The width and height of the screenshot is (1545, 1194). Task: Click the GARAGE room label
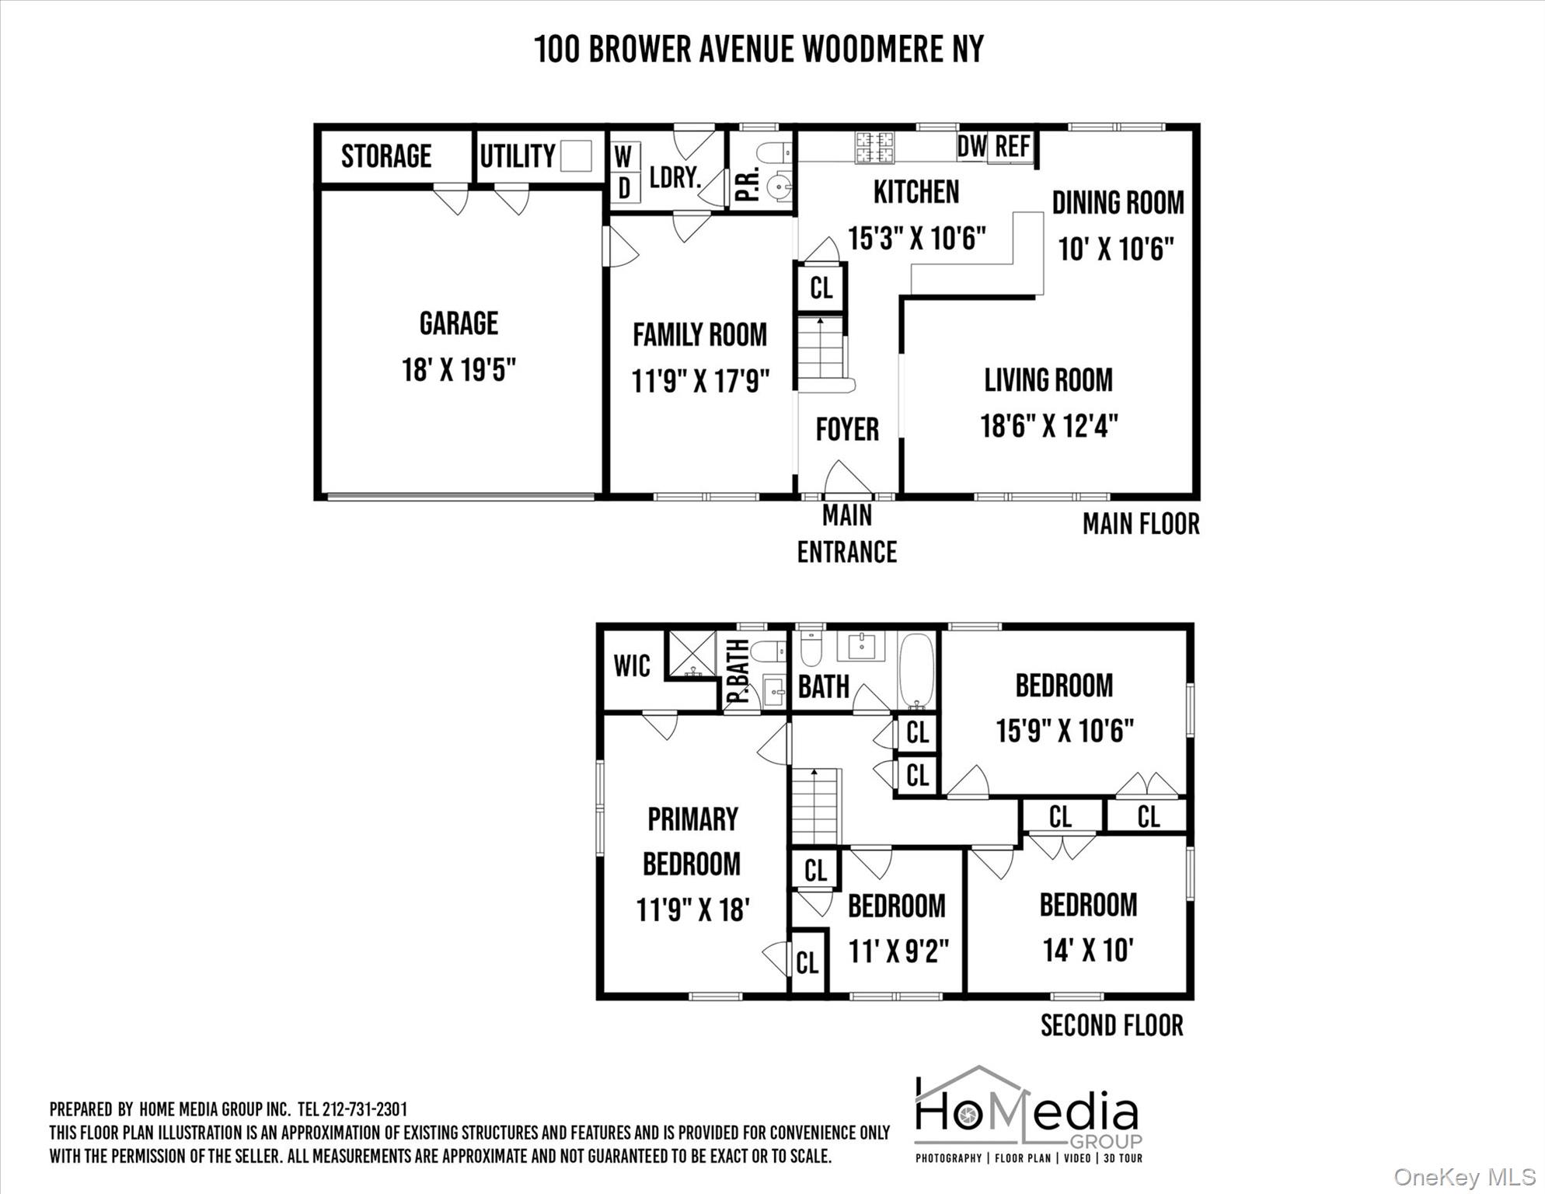pos(459,323)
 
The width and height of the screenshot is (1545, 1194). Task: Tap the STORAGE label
pos(386,156)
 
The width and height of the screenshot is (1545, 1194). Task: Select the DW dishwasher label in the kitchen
pos(971,145)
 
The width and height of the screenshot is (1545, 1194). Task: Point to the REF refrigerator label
pos(1013,145)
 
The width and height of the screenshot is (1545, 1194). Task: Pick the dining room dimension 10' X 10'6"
pos(1115,250)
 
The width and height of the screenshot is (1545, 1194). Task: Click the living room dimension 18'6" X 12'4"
pos(1048,426)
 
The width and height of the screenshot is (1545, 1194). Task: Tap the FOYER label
pos(847,429)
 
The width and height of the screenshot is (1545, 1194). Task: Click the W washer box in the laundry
pos(624,156)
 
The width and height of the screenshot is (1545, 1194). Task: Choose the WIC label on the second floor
pos(632,666)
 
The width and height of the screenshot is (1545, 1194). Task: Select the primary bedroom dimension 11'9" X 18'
pos(692,909)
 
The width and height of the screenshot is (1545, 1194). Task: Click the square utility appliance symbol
pos(576,155)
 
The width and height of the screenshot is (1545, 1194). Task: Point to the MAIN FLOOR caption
pos(1141,524)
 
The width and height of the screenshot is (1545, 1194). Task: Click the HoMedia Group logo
pos(1028,1114)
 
